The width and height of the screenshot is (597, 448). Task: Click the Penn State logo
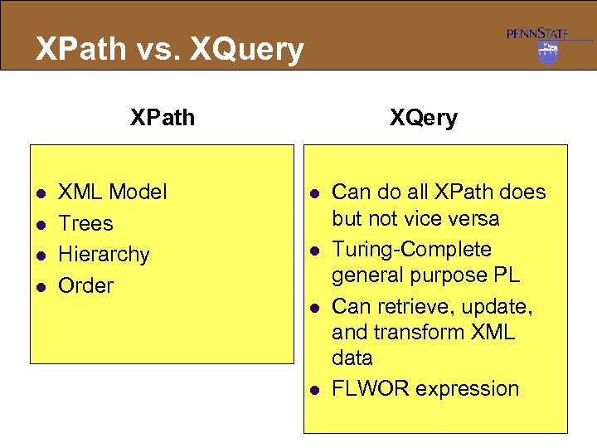coord(547,45)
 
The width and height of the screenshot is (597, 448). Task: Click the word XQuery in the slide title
coord(247,50)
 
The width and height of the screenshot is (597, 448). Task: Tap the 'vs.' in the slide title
coord(157,50)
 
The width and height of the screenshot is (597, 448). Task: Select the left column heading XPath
coord(163,118)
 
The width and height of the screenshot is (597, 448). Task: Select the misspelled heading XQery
coord(423,118)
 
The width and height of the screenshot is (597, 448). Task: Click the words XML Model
coord(112,192)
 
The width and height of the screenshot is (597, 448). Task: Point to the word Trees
coord(85,223)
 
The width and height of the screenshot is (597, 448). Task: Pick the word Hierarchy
coord(104,254)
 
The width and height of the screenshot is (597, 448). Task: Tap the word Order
coord(85,285)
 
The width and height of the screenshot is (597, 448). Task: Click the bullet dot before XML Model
coord(39,192)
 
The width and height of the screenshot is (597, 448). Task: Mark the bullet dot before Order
coord(39,286)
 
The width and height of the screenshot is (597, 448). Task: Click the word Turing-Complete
coord(411,249)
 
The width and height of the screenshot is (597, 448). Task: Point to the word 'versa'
coord(474,218)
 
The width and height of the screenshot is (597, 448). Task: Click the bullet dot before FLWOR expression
coord(313,389)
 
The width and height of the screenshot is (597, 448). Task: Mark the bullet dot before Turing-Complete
coord(313,250)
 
